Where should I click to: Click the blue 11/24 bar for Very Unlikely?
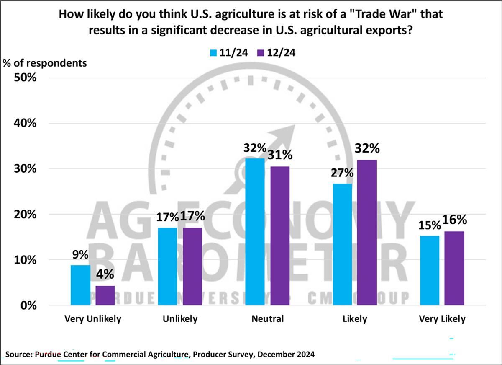coord(80,285)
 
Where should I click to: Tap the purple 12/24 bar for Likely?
coord(367,232)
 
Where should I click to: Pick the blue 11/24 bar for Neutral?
coord(255,231)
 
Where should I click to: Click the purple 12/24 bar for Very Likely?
coord(454,268)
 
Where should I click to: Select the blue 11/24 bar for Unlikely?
coord(167,266)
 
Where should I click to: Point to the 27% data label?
coord(343,173)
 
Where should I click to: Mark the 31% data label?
coord(280,155)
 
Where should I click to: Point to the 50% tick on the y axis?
coord(26,78)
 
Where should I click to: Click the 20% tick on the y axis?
coord(26,215)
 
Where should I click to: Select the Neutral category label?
coord(268,319)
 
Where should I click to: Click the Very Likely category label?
coord(442,319)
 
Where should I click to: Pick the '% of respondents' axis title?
coord(45,63)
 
